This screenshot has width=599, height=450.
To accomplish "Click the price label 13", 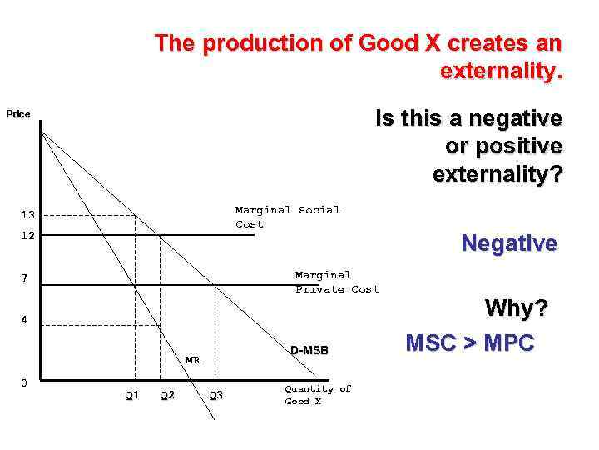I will (x=28, y=215).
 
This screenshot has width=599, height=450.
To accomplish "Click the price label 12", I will (x=28, y=236).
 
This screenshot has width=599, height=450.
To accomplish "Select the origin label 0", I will (x=24, y=382).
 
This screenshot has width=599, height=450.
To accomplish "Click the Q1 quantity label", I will (x=132, y=395).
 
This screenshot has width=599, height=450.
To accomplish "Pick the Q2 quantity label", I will (x=167, y=395).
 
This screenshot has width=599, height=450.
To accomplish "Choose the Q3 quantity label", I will (x=215, y=395).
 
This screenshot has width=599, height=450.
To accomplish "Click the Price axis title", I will (x=18, y=114).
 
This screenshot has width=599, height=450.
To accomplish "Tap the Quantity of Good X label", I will (x=318, y=395).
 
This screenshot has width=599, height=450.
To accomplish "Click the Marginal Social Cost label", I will (x=287, y=217).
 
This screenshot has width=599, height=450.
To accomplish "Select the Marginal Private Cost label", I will (x=337, y=282).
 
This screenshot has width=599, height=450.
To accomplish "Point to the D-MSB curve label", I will (x=309, y=351).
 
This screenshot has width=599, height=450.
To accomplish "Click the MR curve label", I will (x=193, y=360).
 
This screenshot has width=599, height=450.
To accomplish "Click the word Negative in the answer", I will (x=509, y=243).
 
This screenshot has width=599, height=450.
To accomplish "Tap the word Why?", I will (x=517, y=309).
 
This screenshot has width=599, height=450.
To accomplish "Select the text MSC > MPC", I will (x=469, y=343).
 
